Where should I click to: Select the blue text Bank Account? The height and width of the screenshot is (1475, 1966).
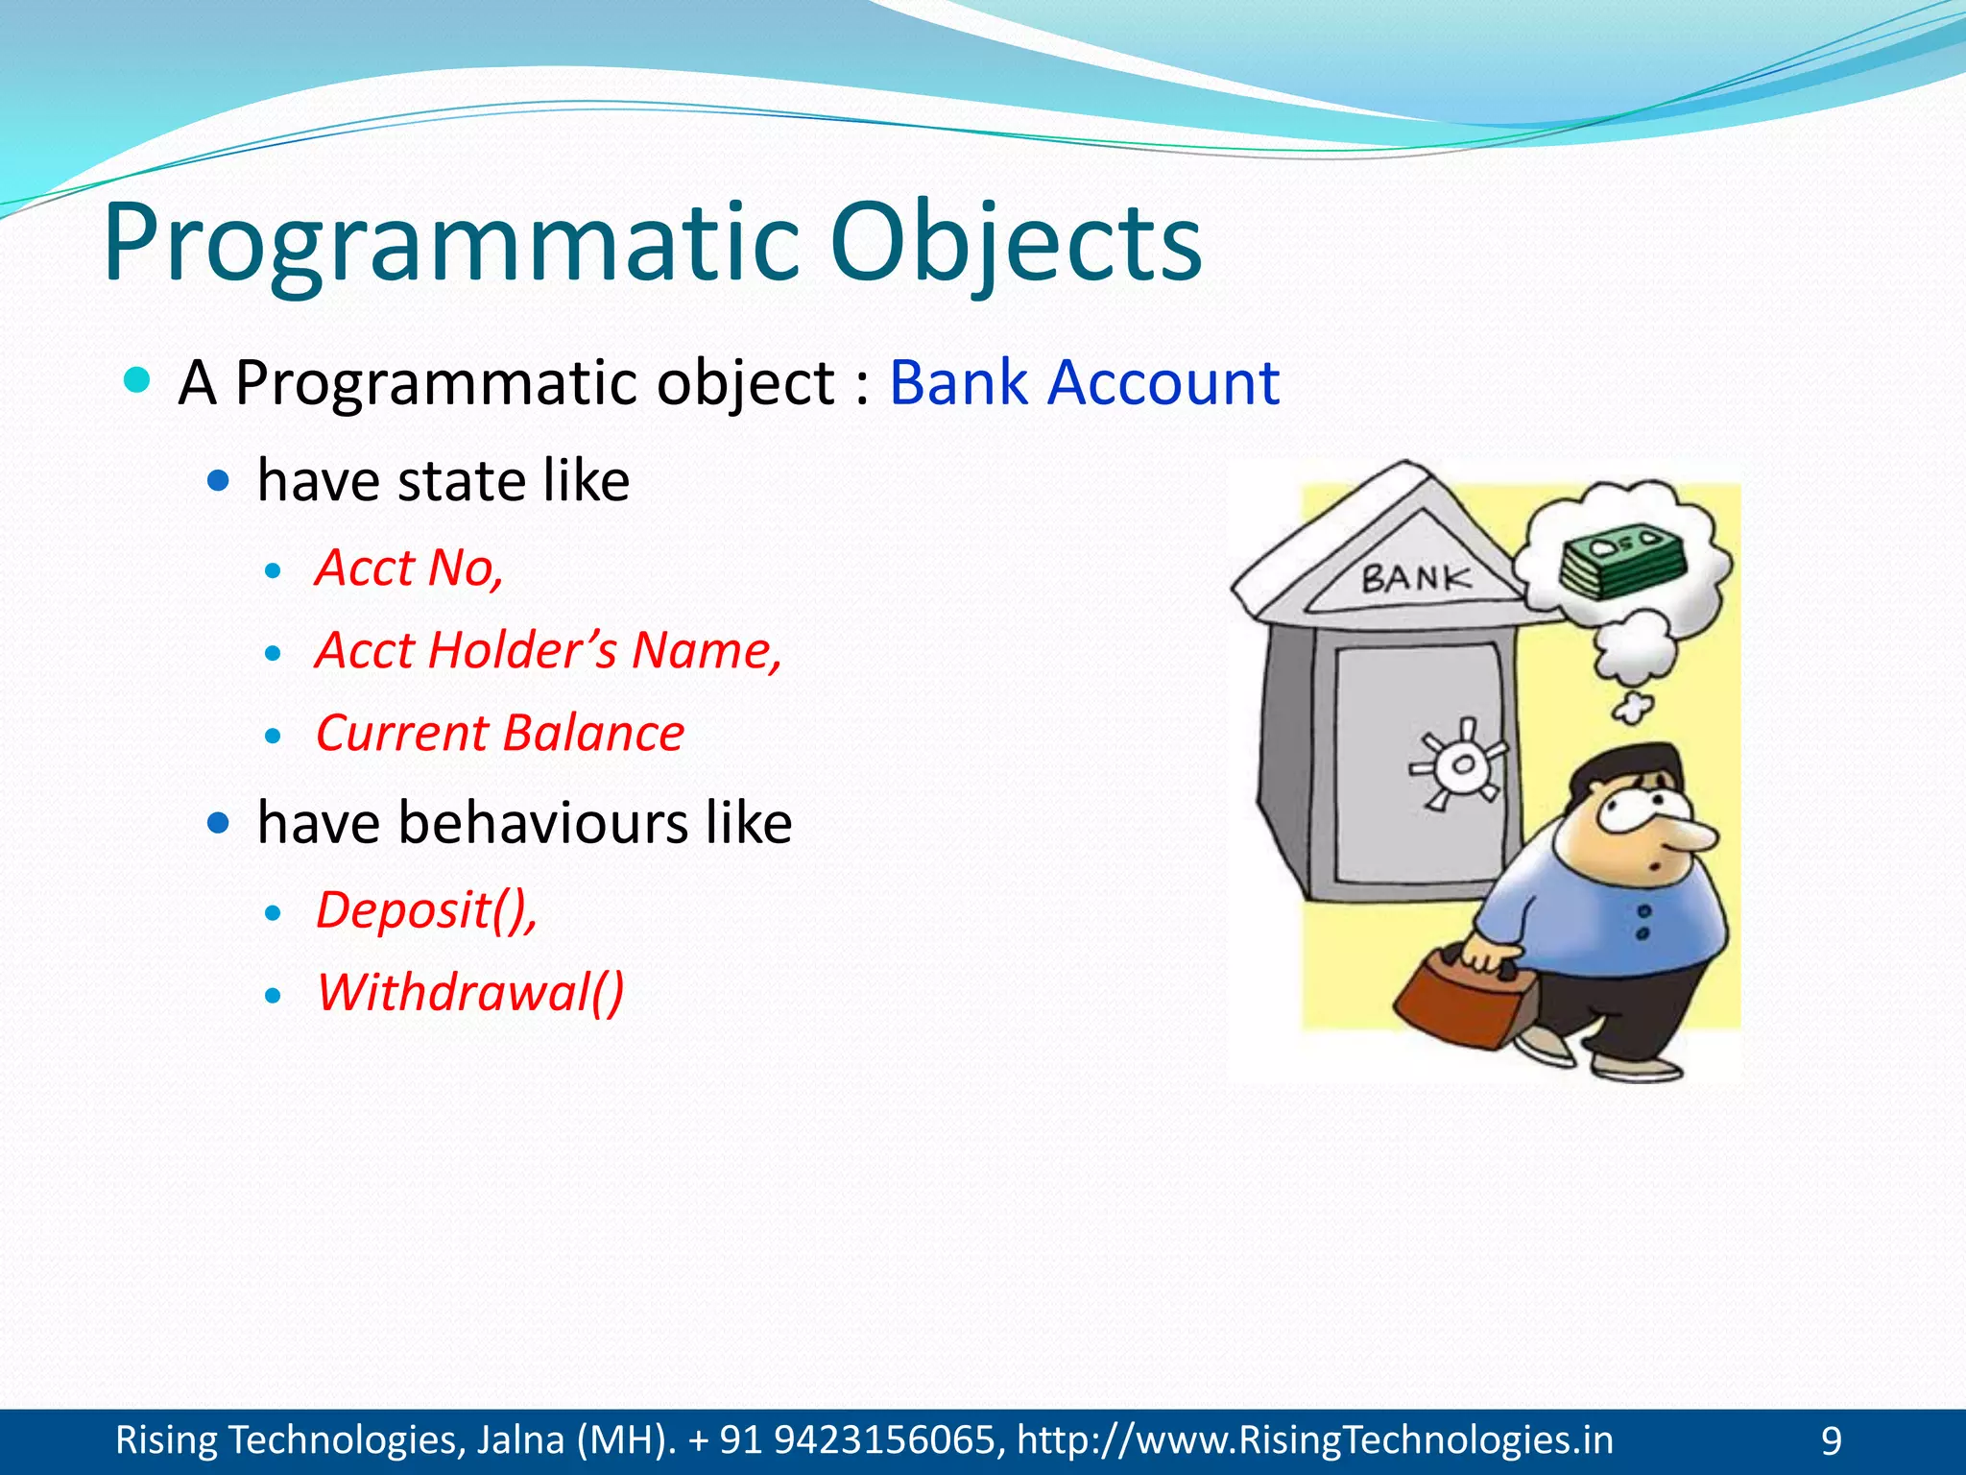(1084, 383)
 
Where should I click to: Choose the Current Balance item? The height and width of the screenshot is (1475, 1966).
(499, 734)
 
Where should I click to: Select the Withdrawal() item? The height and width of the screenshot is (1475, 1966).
(470, 992)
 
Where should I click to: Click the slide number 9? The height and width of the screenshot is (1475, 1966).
(1832, 1441)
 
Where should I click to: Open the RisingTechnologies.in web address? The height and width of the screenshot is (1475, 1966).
(1315, 1440)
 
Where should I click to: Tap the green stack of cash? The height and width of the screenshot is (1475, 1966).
(1621, 561)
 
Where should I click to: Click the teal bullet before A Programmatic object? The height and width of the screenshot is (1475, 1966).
(138, 380)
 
